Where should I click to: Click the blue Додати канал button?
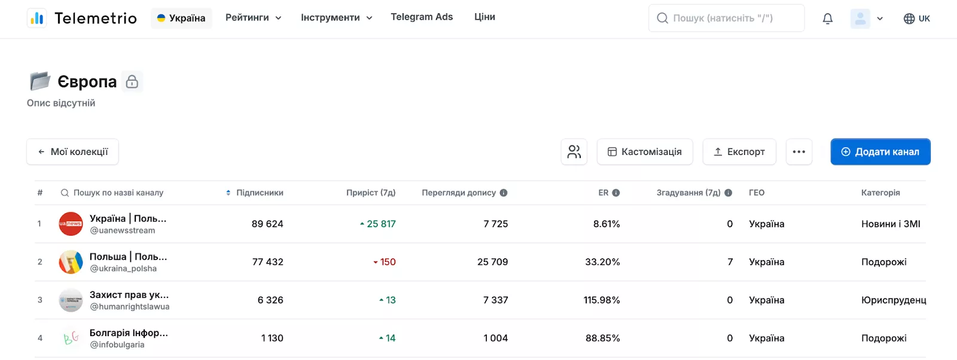click(880, 152)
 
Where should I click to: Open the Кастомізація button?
click(645, 152)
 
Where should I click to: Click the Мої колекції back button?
click(72, 152)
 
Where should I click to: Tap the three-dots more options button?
click(799, 152)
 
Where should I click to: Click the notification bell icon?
click(828, 19)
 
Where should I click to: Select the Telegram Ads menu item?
click(422, 17)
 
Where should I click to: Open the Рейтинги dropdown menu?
click(254, 17)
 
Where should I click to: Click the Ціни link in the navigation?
click(484, 17)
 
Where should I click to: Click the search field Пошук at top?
click(726, 18)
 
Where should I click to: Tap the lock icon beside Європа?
click(132, 81)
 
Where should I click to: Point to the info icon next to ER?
click(615, 193)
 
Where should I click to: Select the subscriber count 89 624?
click(267, 224)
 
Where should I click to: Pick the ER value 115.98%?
click(602, 300)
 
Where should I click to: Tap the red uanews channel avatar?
click(71, 224)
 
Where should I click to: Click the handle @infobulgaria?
click(117, 344)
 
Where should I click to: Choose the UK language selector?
click(917, 19)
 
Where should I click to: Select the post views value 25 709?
click(493, 262)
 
